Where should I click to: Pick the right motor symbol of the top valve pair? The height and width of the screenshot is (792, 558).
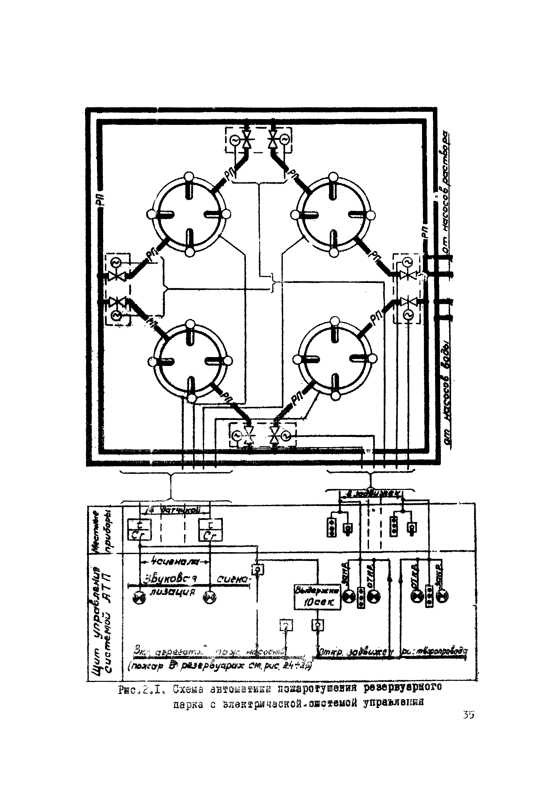[x=285, y=139]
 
